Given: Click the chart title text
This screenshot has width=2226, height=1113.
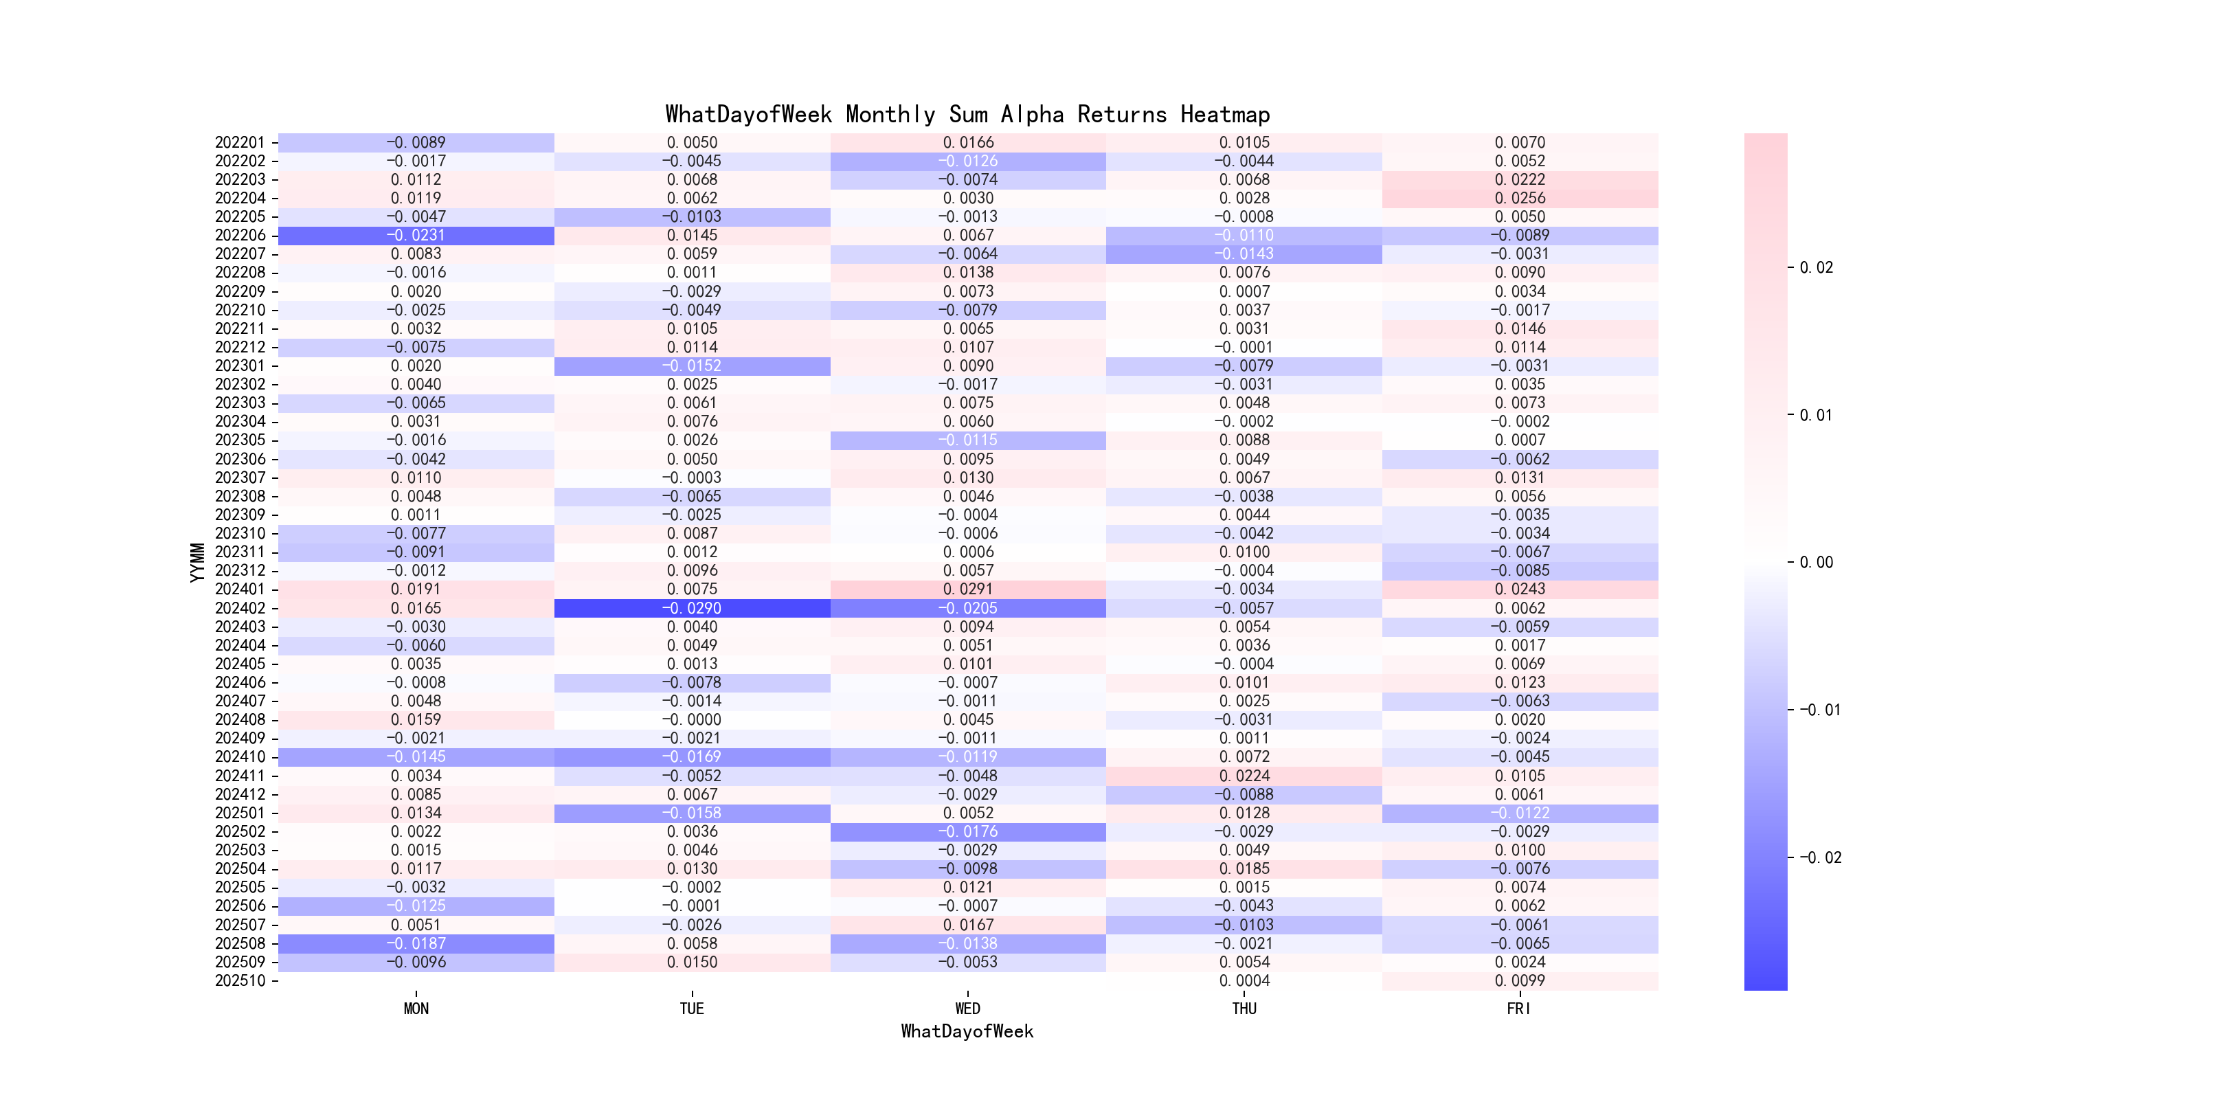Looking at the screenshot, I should pos(967,114).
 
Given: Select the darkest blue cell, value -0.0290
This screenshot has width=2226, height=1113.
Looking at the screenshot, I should pos(691,608).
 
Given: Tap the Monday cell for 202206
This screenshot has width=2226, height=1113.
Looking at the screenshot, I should pos(416,235).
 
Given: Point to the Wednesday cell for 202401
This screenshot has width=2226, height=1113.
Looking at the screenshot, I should pos(968,589).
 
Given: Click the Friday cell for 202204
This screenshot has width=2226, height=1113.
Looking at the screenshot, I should pos(1520,198).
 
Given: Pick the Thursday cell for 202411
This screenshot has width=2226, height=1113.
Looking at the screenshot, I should pos(1244,776).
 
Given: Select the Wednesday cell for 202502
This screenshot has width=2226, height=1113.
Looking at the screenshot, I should pos(968,831).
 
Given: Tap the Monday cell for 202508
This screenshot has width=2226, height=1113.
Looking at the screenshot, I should pos(416,943).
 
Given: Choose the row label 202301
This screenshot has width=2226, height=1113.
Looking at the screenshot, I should pos(240,366).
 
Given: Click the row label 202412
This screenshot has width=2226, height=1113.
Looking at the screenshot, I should pos(240,794).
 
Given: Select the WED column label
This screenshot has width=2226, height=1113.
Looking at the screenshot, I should pos(968,1009).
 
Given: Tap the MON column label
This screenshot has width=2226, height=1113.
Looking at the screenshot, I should pos(416,1009).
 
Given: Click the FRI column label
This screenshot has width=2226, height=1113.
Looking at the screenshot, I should pos(1518,1009).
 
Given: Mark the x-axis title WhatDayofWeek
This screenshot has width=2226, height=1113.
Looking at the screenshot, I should pos(967,1031).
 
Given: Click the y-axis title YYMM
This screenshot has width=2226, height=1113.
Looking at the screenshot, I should pos(198,562).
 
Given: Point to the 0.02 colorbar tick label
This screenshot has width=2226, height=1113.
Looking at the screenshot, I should pos(1816,268).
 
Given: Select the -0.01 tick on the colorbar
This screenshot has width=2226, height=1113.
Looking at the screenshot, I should pos(1819,710).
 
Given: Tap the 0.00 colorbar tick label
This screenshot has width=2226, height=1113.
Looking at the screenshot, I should pos(1816,563).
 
